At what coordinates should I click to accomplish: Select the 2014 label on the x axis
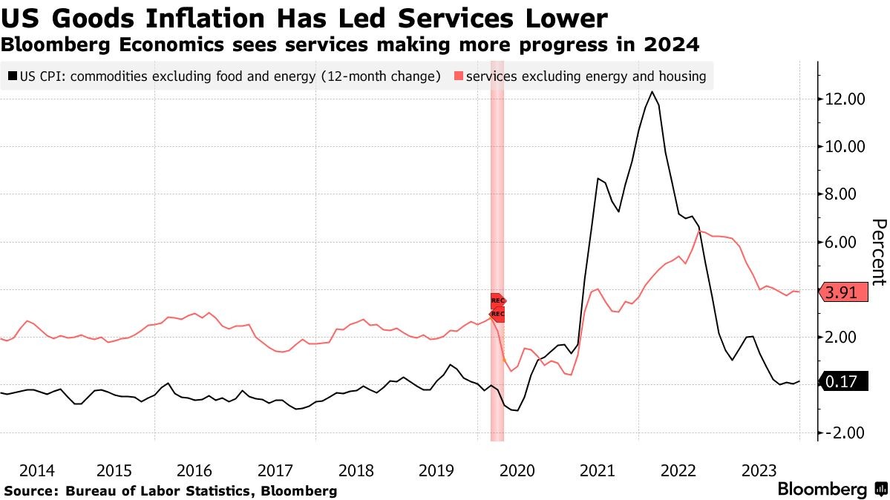(x=37, y=470)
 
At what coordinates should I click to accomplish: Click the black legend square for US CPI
(x=13, y=76)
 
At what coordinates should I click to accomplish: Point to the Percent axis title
(x=878, y=251)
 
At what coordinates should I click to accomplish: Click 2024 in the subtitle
(x=673, y=45)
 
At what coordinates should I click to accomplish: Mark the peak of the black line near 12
(x=652, y=92)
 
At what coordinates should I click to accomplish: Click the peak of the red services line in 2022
(x=699, y=231)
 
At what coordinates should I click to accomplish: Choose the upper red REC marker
(x=498, y=300)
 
